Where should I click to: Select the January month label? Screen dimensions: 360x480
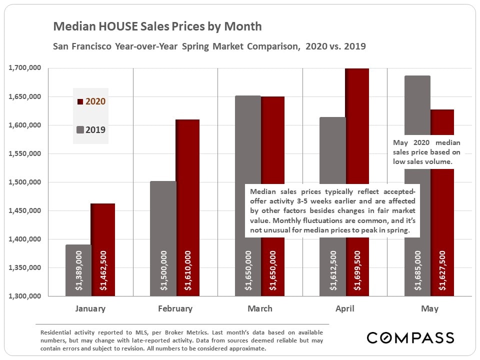click(90, 308)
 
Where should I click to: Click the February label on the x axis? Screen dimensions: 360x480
click(175, 308)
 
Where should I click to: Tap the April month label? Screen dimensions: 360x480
click(344, 308)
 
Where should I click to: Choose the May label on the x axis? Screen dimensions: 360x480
click(429, 308)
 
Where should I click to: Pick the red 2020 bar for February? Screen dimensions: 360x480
click(188, 200)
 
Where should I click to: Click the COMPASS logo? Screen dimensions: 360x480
click(410, 337)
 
